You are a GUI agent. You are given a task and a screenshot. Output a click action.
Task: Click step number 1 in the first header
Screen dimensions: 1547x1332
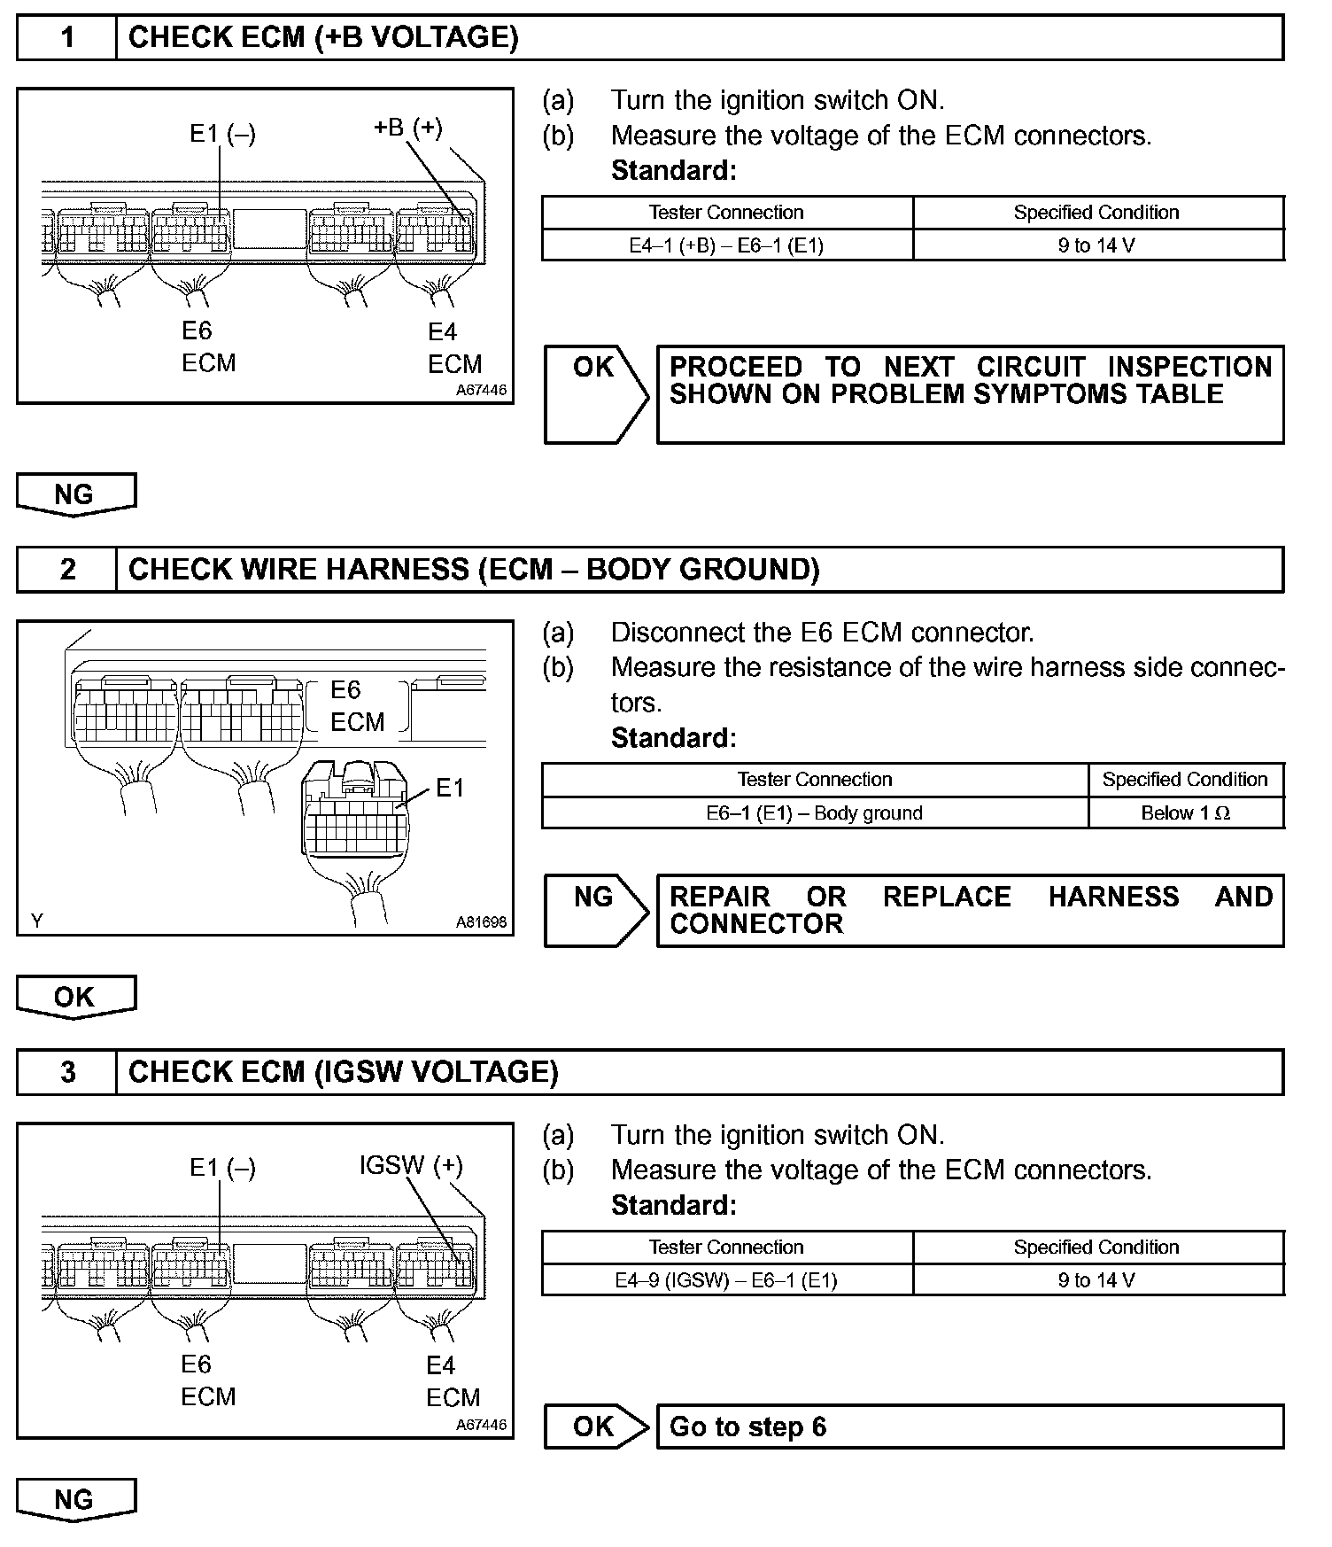coord(67,38)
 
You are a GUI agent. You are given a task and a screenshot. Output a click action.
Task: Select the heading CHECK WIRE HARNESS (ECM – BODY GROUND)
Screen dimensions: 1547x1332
coord(474,570)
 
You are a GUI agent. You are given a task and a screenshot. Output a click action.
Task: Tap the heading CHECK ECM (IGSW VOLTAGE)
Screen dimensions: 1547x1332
coord(343,1072)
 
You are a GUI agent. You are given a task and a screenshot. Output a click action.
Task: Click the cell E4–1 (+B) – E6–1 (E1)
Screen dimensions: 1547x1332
coord(726,245)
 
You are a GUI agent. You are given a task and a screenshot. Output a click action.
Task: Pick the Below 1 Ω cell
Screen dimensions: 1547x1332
coord(1185,813)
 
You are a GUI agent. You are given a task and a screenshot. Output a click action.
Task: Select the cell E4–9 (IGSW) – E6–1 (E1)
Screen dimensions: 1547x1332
coord(726,1280)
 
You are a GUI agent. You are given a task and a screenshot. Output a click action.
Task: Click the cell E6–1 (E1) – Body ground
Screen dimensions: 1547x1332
coord(814,813)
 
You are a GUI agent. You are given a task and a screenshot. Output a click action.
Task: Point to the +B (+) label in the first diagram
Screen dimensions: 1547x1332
coord(407,128)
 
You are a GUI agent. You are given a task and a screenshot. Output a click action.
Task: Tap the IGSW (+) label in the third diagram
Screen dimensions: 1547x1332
coord(411,1165)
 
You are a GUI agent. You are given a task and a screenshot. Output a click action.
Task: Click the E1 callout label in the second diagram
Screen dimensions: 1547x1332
coord(450,788)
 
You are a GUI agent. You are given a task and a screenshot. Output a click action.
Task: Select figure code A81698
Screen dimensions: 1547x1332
coord(482,922)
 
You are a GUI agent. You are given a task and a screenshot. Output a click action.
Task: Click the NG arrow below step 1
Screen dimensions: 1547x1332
coord(75,494)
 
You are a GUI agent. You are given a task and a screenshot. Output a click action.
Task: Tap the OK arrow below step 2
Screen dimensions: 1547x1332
coord(75,998)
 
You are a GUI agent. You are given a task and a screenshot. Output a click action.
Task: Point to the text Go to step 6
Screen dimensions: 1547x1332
coord(747,1427)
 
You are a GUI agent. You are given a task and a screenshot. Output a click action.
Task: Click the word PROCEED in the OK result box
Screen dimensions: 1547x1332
coord(735,367)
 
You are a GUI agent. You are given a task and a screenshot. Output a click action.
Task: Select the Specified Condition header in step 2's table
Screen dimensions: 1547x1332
coord(1185,780)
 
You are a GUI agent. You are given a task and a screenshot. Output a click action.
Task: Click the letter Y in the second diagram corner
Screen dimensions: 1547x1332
coord(36,921)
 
